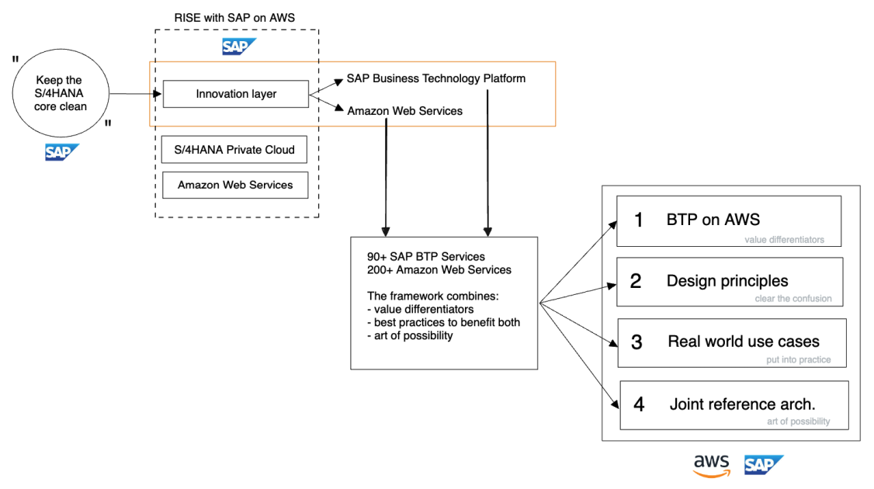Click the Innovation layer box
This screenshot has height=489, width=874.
pos(236,94)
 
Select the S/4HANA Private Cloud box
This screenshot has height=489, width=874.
pos(234,150)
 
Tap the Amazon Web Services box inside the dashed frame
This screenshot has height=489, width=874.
pos(234,185)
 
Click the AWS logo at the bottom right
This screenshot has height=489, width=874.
pos(712,465)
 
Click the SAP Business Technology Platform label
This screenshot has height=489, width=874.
pos(435,78)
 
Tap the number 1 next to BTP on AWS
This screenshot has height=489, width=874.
pos(639,220)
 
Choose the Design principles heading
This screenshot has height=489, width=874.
pos(727,281)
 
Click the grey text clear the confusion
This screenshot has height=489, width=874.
pos(792,299)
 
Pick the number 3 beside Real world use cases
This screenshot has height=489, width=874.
pos(636,342)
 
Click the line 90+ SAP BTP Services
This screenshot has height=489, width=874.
pos(426,257)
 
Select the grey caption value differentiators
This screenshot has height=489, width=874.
pos(784,240)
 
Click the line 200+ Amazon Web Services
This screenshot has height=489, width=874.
pos(439,269)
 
